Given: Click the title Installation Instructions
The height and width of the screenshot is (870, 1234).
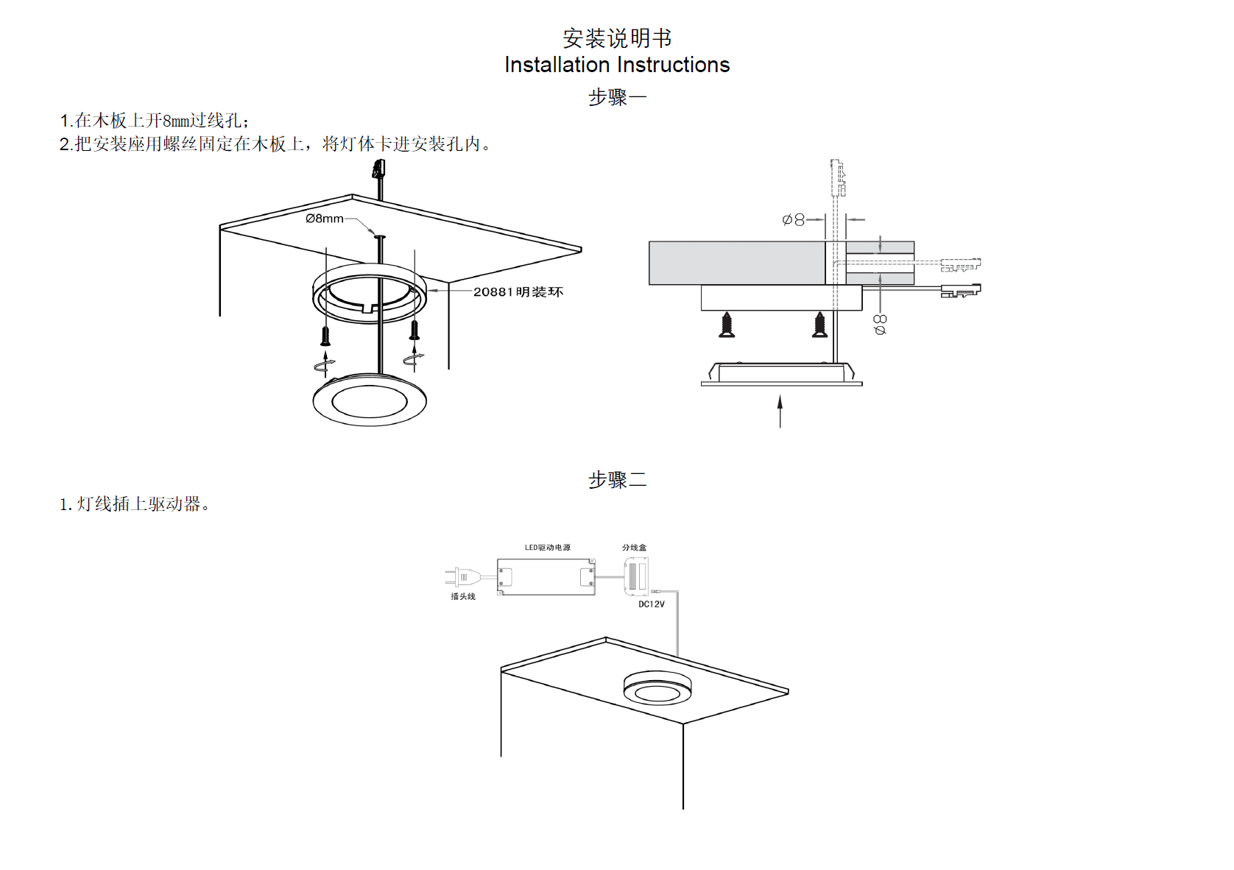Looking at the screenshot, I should [617, 65].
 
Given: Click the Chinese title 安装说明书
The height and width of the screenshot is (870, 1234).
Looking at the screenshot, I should [617, 38].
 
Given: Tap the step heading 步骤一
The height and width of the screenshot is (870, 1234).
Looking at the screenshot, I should [617, 96].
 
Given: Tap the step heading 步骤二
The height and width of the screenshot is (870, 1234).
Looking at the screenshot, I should [617, 480].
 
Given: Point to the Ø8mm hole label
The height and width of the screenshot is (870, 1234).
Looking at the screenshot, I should [325, 219].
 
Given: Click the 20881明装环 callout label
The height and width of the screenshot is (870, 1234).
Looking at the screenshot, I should [518, 292].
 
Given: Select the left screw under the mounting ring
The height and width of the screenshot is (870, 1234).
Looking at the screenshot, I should [325, 334].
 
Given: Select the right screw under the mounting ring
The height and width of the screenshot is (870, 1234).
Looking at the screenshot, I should [415, 329].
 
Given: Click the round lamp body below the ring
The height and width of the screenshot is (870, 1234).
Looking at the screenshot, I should [370, 400].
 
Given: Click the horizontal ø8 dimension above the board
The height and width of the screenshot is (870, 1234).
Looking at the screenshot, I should [794, 219].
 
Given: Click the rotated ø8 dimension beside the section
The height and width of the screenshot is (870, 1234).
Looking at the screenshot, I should [880, 324].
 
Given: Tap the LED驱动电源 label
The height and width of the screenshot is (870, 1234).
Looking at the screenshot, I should [547, 548].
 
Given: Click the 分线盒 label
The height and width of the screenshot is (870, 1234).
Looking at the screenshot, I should [634, 548].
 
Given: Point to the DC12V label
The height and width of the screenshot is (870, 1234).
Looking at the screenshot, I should [652, 604].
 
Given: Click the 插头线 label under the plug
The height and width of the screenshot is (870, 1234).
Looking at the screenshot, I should [463, 596].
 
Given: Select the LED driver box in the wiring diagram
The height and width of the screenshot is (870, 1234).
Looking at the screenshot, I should [546, 576].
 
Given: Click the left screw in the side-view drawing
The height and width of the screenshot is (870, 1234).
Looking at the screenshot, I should [727, 325].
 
